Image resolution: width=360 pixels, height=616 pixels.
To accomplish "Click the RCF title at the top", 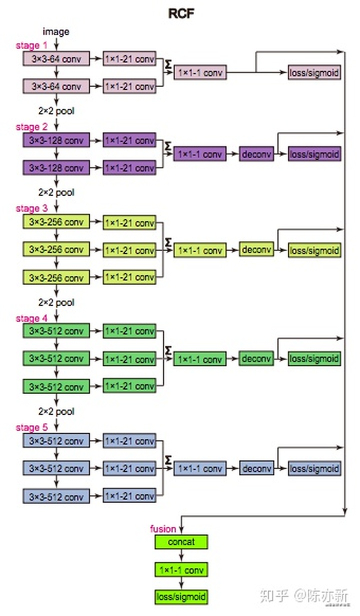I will (x=180, y=13).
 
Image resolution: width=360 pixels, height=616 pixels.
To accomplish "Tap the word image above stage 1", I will (x=56, y=31).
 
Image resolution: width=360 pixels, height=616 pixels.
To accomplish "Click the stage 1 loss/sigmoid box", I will (x=314, y=73).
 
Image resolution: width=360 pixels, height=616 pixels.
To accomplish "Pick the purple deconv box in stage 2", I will (x=256, y=154).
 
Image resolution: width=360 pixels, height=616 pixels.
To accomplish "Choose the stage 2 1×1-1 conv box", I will (x=199, y=154).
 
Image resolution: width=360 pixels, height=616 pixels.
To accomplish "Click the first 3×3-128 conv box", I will (x=56, y=140).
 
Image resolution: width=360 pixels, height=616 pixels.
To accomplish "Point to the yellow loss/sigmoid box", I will (x=314, y=250).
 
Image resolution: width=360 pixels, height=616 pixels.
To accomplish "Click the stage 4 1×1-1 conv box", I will (x=199, y=359).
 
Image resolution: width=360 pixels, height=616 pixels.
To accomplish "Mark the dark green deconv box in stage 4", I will (x=256, y=358).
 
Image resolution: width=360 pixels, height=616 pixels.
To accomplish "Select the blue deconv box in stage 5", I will (x=256, y=468).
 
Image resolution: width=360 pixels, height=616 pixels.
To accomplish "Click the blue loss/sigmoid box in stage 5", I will (x=314, y=468).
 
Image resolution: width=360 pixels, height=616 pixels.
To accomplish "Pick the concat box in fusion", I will (x=180, y=542).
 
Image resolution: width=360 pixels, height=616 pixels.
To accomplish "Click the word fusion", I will (x=163, y=529).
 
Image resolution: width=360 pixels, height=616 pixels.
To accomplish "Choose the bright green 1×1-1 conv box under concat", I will (x=180, y=569).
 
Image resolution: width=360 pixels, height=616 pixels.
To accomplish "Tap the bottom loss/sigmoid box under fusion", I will (x=180, y=596).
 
